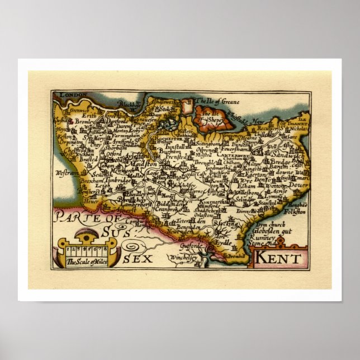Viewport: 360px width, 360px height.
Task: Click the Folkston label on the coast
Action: (297, 212)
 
